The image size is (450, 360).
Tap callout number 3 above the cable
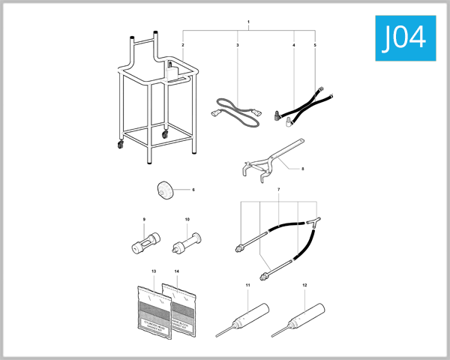pyautogui.click(x=238, y=46)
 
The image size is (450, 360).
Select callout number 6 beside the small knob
pyautogui.click(x=193, y=190)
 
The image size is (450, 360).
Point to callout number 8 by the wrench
pyautogui.click(x=302, y=169)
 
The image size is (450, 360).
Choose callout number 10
pyautogui.click(x=187, y=220)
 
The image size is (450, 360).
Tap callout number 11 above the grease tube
pyautogui.click(x=247, y=286)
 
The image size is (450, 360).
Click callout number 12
pyautogui.click(x=304, y=286)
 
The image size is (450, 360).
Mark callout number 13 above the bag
pyautogui.click(x=153, y=269)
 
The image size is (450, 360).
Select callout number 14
pyautogui.click(x=176, y=269)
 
